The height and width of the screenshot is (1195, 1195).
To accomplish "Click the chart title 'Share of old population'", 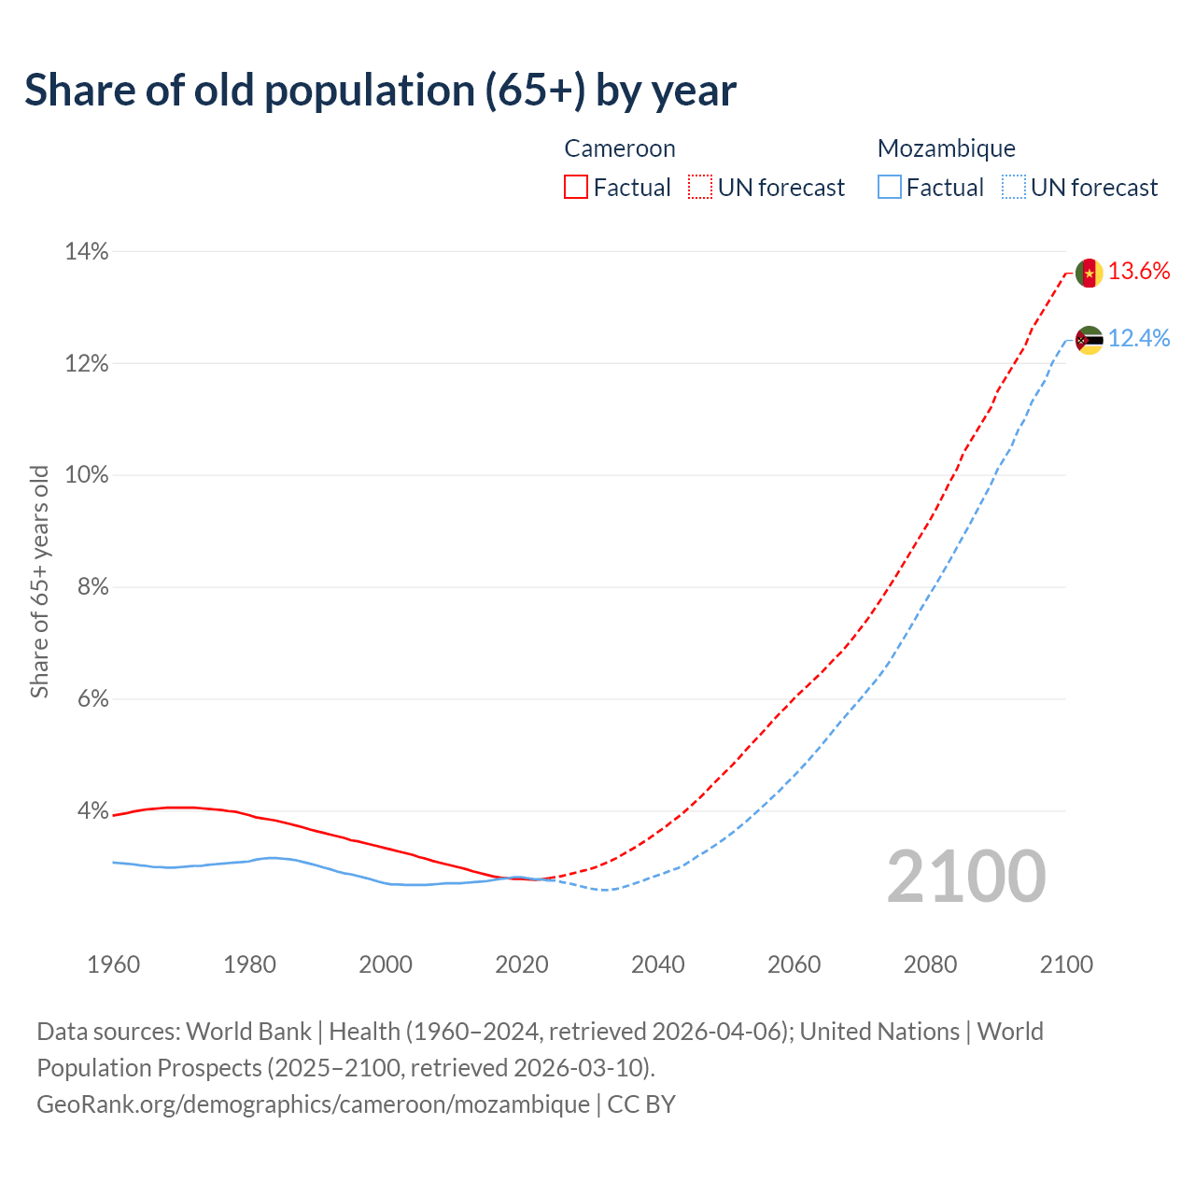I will click(x=380, y=91).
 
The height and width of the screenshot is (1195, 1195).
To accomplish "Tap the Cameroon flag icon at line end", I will click(x=1090, y=273).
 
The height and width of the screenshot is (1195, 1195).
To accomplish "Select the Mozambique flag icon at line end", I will click(x=1090, y=340).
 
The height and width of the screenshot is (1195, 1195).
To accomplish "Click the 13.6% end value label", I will click(x=1139, y=272).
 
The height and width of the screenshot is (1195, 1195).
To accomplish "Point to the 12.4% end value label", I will click(x=1139, y=339).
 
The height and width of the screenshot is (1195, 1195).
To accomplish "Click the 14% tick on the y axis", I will click(x=86, y=252).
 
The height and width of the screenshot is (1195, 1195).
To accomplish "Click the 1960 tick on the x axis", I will click(x=113, y=964).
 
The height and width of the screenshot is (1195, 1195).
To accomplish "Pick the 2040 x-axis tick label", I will click(x=657, y=964).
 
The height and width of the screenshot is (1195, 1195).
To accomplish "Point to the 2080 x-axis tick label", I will click(x=930, y=964).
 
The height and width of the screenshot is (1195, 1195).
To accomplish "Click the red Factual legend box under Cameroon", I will click(x=576, y=188).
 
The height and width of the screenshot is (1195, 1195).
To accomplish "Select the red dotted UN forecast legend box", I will click(x=700, y=188).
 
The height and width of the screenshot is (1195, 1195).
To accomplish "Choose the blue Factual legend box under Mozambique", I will click(x=890, y=188).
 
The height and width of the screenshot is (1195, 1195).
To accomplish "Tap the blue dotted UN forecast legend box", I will click(x=1014, y=188).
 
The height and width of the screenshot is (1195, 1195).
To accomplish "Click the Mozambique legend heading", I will click(x=946, y=148).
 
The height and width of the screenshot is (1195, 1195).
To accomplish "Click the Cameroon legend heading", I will click(x=620, y=148).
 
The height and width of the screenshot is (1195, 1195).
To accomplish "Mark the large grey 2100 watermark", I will click(x=966, y=877).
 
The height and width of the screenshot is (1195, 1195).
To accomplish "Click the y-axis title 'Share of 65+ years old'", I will click(x=39, y=581).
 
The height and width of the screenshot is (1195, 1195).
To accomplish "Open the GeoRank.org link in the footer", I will click(x=313, y=1104).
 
